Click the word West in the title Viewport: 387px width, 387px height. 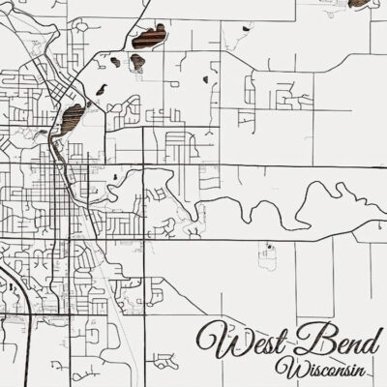pyautogui.click(x=244, y=340)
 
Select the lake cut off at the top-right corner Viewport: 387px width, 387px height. pyautogui.click(x=362, y=5)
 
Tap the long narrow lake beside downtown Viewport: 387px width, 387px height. pyautogui.click(x=72, y=120)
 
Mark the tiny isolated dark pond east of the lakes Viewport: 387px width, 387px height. pyautogui.click(x=205, y=78)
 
